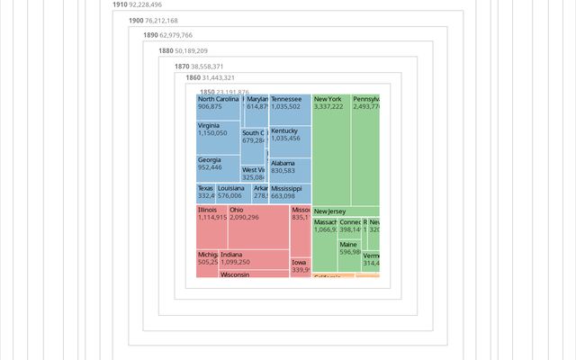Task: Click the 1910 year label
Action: [121, 4]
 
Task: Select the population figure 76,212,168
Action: [162, 20]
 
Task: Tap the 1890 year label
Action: [150, 35]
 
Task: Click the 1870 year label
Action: [182, 66]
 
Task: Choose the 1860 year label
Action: [193, 77]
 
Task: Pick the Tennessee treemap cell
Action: [290, 109]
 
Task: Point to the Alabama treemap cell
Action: [290, 170]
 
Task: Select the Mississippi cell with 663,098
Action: [290, 193]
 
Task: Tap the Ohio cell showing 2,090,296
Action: [258, 226]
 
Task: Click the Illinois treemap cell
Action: [211, 226]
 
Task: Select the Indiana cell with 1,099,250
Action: [253, 259]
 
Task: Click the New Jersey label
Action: [329, 211]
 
